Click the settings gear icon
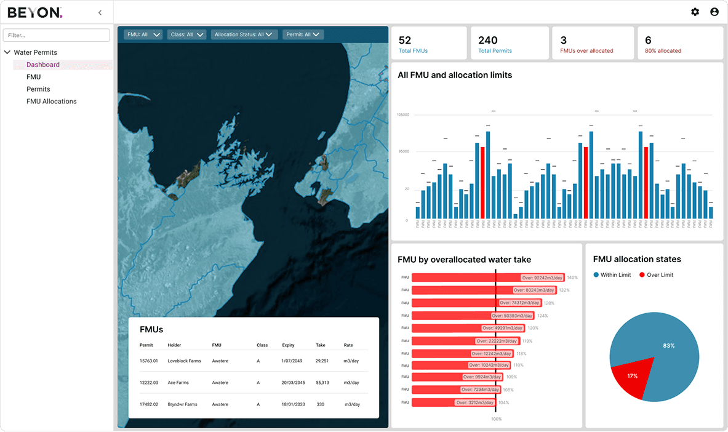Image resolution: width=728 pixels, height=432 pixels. pyautogui.click(x=695, y=12)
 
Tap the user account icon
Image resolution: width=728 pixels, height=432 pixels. pyautogui.click(x=714, y=12)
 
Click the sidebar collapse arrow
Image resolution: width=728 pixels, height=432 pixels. pyautogui.click(x=100, y=12)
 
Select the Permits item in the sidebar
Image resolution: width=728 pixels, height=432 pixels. pyautogui.click(x=38, y=89)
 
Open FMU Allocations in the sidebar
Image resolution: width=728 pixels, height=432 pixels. pyautogui.click(x=51, y=102)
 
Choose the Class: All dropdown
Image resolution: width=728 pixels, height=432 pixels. pyautogui.click(x=187, y=35)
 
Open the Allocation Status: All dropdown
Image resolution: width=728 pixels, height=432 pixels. pyautogui.click(x=244, y=35)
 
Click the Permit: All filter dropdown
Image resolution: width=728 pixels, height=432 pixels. pyautogui.click(x=303, y=35)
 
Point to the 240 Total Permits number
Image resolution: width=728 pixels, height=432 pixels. pyautogui.click(x=488, y=41)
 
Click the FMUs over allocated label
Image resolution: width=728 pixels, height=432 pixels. pyautogui.click(x=586, y=51)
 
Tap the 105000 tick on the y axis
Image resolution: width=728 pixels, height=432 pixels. pyautogui.click(x=403, y=115)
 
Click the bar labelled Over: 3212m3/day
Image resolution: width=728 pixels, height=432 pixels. pyautogui.click(x=452, y=402)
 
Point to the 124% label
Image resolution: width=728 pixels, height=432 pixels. pyautogui.click(x=543, y=316)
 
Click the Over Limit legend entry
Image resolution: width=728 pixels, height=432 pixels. pyautogui.click(x=657, y=275)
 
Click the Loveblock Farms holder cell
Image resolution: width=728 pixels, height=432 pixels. pyautogui.click(x=184, y=361)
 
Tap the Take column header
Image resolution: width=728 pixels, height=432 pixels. pyautogui.click(x=320, y=345)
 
